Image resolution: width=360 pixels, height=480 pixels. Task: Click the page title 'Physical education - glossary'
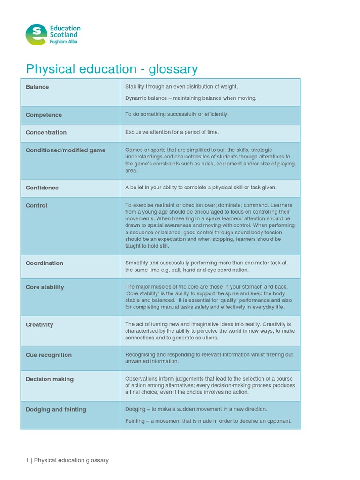112,69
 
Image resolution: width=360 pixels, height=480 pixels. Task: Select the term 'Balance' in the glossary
37,87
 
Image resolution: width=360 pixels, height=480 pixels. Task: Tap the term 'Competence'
44,115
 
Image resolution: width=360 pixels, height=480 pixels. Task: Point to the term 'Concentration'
46,132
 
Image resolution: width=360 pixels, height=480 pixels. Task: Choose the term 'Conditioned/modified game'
66,150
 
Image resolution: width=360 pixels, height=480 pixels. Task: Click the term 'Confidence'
42,187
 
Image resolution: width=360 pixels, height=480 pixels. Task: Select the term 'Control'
37,205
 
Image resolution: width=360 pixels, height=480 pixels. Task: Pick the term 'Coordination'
45,263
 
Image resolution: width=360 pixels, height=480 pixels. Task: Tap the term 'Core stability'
45,287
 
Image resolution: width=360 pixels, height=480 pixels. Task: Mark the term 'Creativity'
39,324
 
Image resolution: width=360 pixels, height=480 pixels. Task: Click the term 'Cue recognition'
49,355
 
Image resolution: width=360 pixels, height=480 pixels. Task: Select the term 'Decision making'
50,379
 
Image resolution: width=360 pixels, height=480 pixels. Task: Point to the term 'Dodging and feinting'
56,409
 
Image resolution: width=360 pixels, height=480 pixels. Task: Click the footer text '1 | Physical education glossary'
67,460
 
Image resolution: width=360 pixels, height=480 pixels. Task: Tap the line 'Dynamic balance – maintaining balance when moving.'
191,98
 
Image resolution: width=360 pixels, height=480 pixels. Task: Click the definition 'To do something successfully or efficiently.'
177,114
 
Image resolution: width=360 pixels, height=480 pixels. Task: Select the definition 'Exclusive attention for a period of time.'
172,132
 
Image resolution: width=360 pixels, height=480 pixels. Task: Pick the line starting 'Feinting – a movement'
208,421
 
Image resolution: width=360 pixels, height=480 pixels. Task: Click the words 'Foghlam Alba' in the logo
64,42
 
